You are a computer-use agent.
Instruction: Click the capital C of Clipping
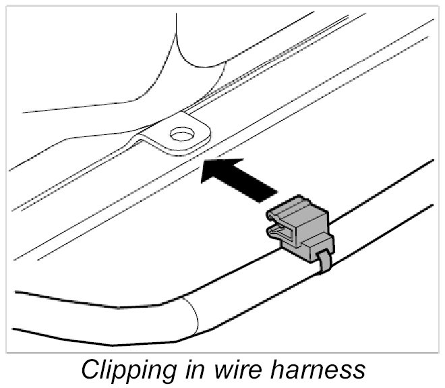point(90,370)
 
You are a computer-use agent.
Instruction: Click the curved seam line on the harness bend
point(191,314)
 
